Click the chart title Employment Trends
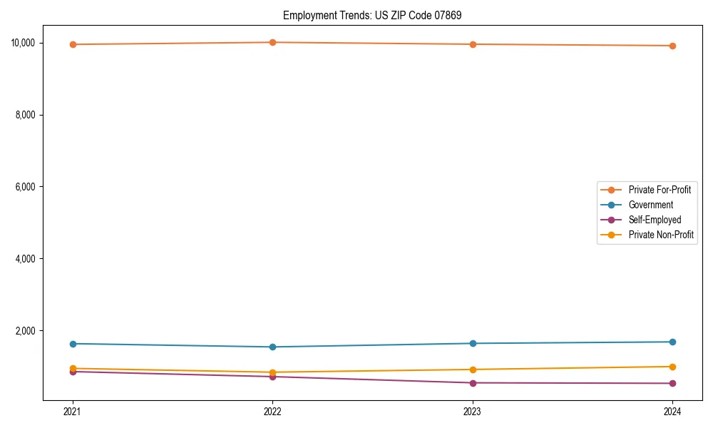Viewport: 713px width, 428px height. pos(372,16)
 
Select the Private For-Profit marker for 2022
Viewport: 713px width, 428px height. pos(272,42)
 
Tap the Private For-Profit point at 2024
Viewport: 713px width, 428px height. pos(672,46)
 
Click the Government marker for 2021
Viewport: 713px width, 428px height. pos(73,344)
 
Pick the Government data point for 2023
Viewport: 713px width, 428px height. pos(473,343)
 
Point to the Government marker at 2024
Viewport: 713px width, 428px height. pos(672,342)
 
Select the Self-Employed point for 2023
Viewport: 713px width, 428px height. pos(473,383)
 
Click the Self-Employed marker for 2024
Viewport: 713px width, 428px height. pos(672,384)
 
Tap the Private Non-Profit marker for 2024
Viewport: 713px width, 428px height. pos(672,367)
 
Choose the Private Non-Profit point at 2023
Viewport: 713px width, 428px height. pos(473,370)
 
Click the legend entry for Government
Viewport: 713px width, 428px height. pos(650,205)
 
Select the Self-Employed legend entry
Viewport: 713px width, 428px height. pos(655,220)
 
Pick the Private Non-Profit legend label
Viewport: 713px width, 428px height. pos(661,235)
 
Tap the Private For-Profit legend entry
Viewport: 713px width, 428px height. pos(660,190)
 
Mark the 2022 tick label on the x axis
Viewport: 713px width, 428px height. pos(272,411)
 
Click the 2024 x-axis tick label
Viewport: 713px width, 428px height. pos(672,411)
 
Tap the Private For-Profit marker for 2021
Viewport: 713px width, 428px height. pos(73,44)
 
